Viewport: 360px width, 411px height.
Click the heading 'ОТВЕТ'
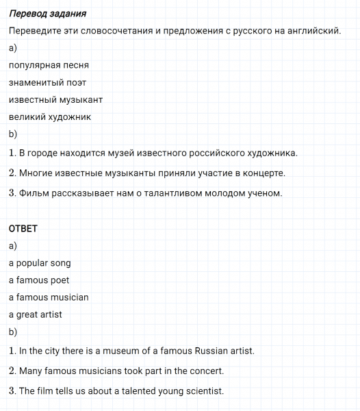[x=23, y=228]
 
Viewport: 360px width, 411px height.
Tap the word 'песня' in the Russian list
[x=75, y=66]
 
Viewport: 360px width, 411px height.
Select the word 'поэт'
[x=75, y=83]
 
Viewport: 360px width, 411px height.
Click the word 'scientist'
[x=201, y=391]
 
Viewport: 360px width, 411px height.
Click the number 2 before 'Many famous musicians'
[x=12, y=371]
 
